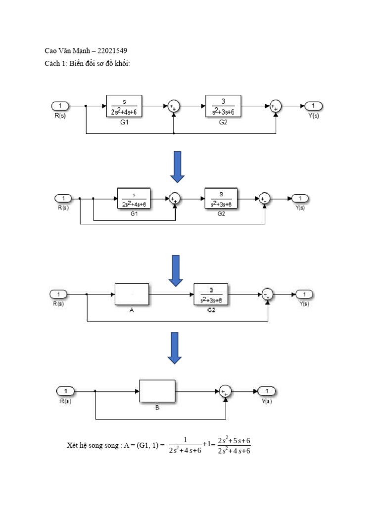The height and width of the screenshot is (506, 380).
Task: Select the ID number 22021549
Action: click(116, 51)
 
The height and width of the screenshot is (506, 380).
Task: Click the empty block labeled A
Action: click(131, 295)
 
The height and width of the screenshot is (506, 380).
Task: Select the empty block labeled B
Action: click(157, 391)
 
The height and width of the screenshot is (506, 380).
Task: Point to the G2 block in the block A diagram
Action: click(211, 295)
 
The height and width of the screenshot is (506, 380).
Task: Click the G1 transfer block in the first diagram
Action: click(124, 106)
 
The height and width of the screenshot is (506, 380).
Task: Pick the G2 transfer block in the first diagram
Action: click(223, 106)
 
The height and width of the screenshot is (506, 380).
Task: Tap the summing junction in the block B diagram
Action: click(225, 391)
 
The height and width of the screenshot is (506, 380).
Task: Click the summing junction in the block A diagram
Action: click(267, 295)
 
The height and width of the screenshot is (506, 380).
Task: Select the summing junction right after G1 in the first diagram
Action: click(174, 106)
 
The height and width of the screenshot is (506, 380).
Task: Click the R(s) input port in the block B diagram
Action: click(65, 391)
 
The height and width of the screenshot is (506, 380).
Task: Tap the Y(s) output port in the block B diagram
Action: click(267, 391)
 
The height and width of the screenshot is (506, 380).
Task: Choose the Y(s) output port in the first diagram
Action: click(314, 106)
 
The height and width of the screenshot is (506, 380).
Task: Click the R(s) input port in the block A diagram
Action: click(58, 295)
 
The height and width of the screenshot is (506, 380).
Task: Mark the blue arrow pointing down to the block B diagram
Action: click(175, 347)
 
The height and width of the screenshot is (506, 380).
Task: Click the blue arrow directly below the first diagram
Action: click(177, 167)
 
